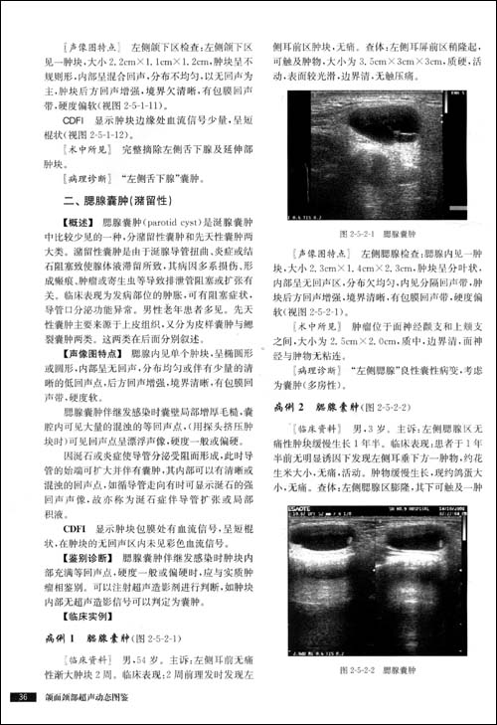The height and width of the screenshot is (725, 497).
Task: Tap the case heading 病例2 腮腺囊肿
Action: pos(328,408)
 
